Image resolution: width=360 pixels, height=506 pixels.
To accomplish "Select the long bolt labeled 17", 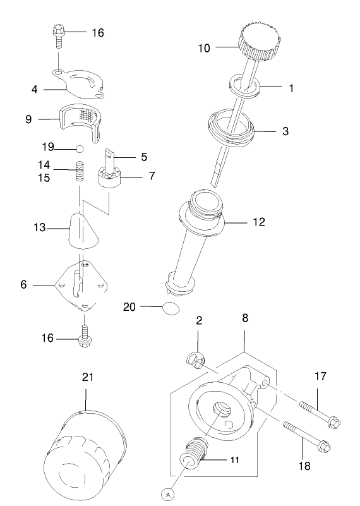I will click(317, 413).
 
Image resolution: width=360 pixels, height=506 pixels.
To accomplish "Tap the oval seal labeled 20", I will click(171, 308).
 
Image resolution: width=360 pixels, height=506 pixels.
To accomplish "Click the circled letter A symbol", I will click(168, 495).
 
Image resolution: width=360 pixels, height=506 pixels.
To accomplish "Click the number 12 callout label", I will click(259, 222).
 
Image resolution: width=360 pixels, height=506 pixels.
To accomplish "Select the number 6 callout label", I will click(23, 285).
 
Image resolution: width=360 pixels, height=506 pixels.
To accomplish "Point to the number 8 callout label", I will click(245, 320).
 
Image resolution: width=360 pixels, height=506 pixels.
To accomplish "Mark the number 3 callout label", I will click(285, 131).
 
